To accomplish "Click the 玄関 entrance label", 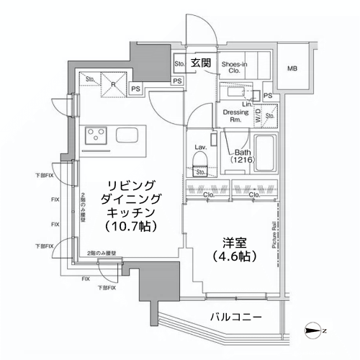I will click(x=202, y=63).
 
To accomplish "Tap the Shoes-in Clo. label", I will click(x=235, y=67).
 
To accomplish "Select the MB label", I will click(x=292, y=69).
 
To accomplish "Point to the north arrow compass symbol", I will click(x=315, y=331).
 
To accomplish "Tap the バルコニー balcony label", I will click(x=236, y=317).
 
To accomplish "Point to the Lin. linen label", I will click(x=246, y=105).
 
